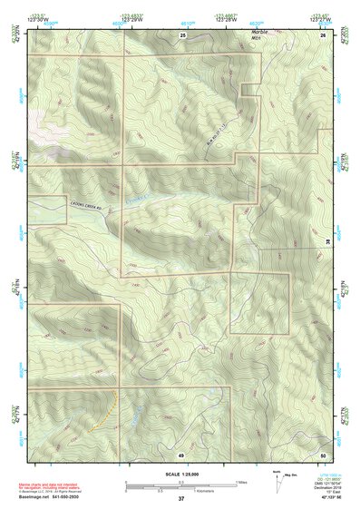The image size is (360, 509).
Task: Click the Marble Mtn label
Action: pos(260,34)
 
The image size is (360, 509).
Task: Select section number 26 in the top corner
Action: pos(324,34)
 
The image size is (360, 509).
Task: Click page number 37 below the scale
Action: pos(181,499)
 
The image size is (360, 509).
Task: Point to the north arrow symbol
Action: pos(277,478)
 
